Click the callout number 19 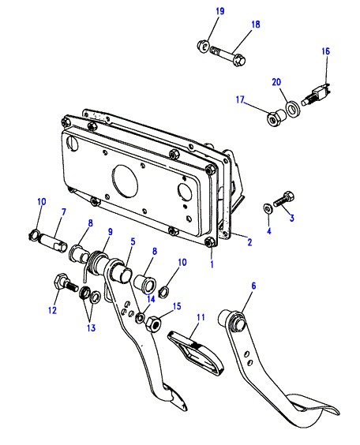[x=220, y=11]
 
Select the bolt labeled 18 [x=228, y=55]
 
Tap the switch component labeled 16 [x=316, y=94]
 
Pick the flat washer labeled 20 [x=291, y=110]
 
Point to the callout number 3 [x=291, y=218]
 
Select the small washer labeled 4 [x=267, y=208]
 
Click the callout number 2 [x=249, y=242]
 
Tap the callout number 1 [x=212, y=264]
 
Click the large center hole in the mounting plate [x=125, y=181]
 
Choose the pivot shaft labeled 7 [x=54, y=244]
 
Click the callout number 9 [x=111, y=232]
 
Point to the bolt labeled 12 [x=66, y=283]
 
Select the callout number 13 [x=91, y=328]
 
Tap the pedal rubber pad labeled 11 [x=196, y=353]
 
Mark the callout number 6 [x=254, y=286]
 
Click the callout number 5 [x=133, y=241]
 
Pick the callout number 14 [x=151, y=299]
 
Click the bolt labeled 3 [x=283, y=200]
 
